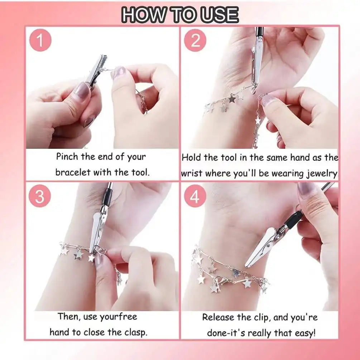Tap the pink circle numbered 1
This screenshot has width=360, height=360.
point(40,41)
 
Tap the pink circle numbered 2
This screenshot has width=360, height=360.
point(195,41)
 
